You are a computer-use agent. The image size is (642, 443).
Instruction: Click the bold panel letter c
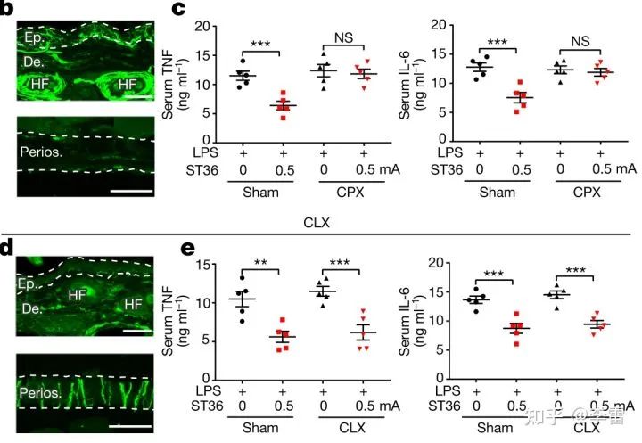tap(178, 10)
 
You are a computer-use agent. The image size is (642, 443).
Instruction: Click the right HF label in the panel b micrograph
tap(122, 83)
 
